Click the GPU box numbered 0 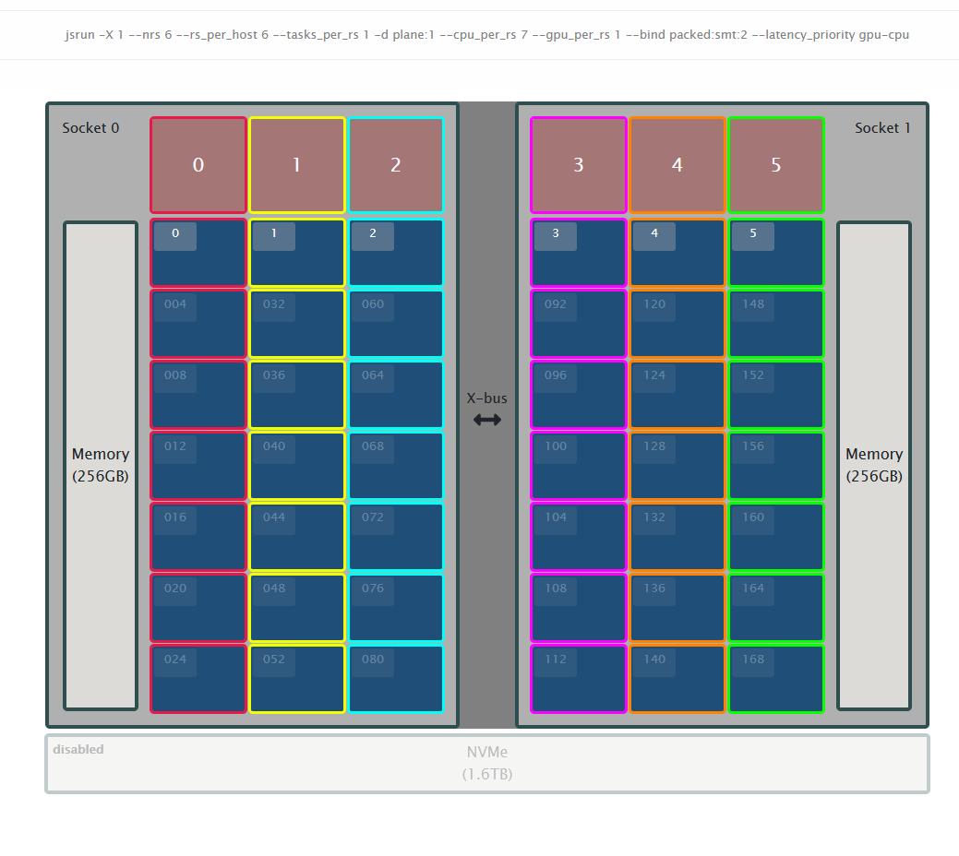pyautogui.click(x=198, y=165)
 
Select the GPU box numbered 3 pyautogui.click(x=579, y=165)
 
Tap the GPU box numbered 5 pyautogui.click(x=776, y=165)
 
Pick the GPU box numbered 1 pyautogui.click(x=296, y=165)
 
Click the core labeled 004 pyautogui.click(x=198, y=324)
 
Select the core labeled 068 pyautogui.click(x=396, y=466)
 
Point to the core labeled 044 pyautogui.click(x=296, y=537)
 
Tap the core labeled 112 pyautogui.click(x=579, y=679)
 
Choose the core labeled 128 pyautogui.click(x=677, y=466)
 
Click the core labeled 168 pyautogui.click(x=776, y=679)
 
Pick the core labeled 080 pyautogui.click(x=396, y=679)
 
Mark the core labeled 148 pyautogui.click(x=776, y=324)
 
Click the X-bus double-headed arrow pyautogui.click(x=487, y=420)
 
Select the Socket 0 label pyautogui.click(x=90, y=128)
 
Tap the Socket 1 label pyautogui.click(x=882, y=128)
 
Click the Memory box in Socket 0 pyautogui.click(x=101, y=466)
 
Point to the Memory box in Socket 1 pyautogui.click(x=874, y=466)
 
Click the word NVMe pyautogui.click(x=487, y=752)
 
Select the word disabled pyautogui.click(x=78, y=749)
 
